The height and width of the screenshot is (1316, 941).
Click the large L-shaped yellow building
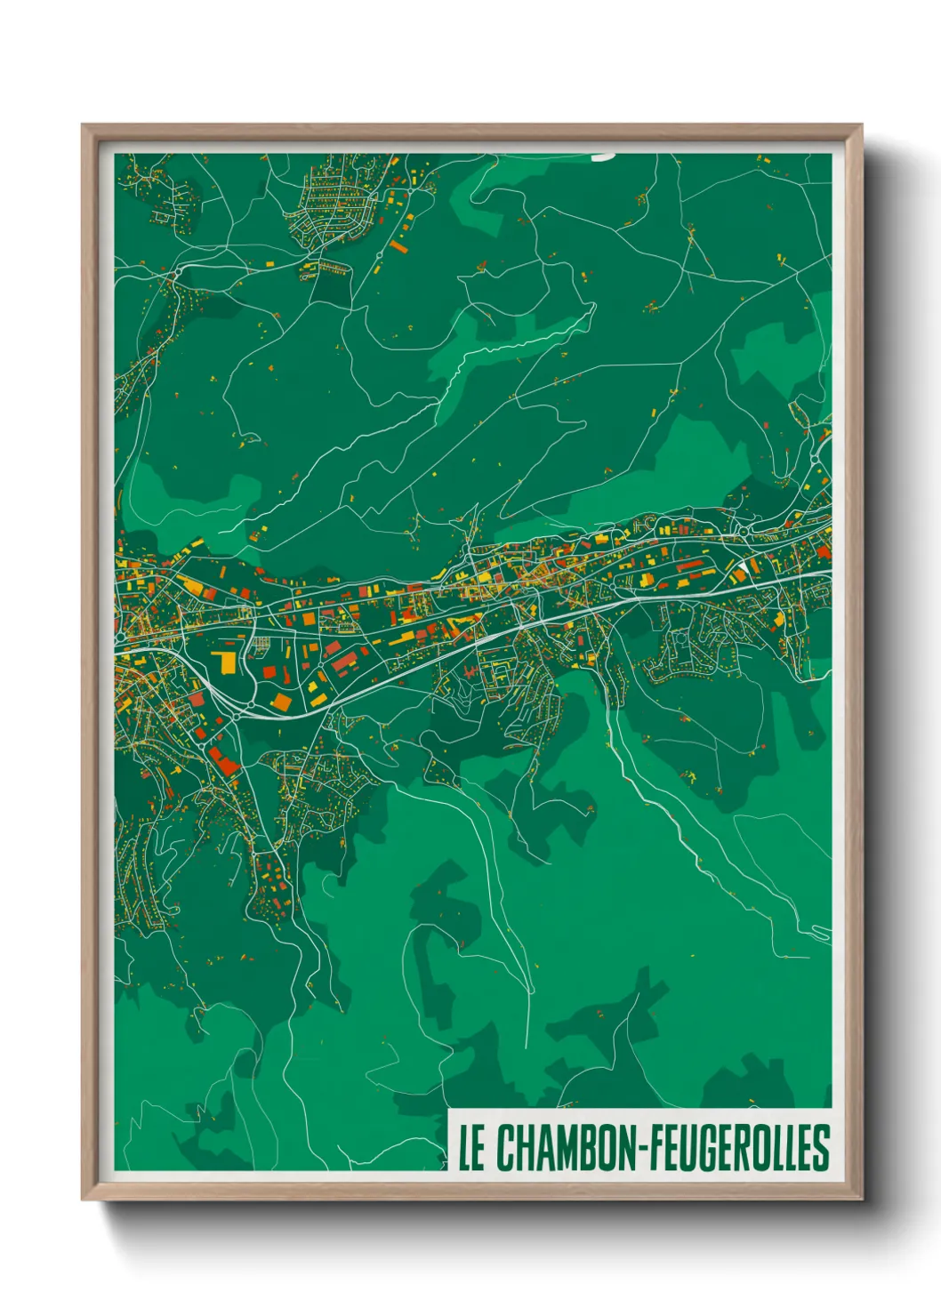coord(224,662)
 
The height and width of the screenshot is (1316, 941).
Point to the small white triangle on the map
coord(741,566)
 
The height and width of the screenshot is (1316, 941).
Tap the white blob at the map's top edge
coord(603,156)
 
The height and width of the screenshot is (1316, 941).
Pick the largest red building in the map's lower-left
coord(222,761)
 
